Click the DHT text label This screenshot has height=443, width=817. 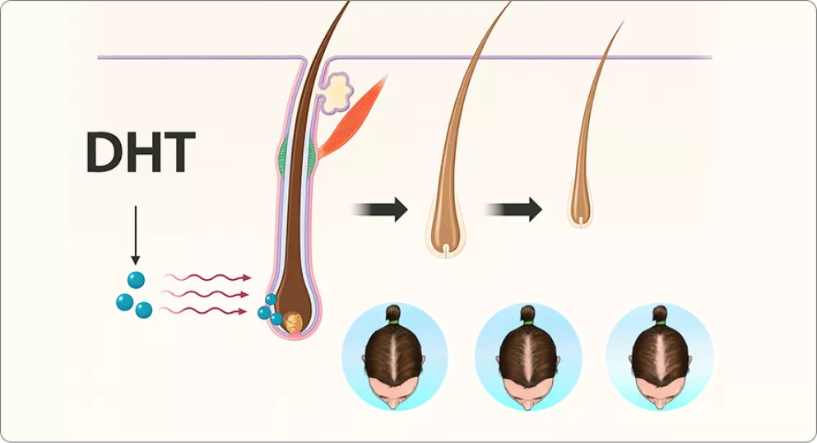click(x=141, y=152)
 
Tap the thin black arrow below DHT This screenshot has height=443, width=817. click(x=135, y=235)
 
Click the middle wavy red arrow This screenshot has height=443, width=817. click(x=207, y=294)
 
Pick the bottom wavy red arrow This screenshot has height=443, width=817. click(x=207, y=310)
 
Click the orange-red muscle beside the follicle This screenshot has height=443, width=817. click(x=354, y=116)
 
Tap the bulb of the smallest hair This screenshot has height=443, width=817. click(x=582, y=212)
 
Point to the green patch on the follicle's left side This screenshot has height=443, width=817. click(x=283, y=156)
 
